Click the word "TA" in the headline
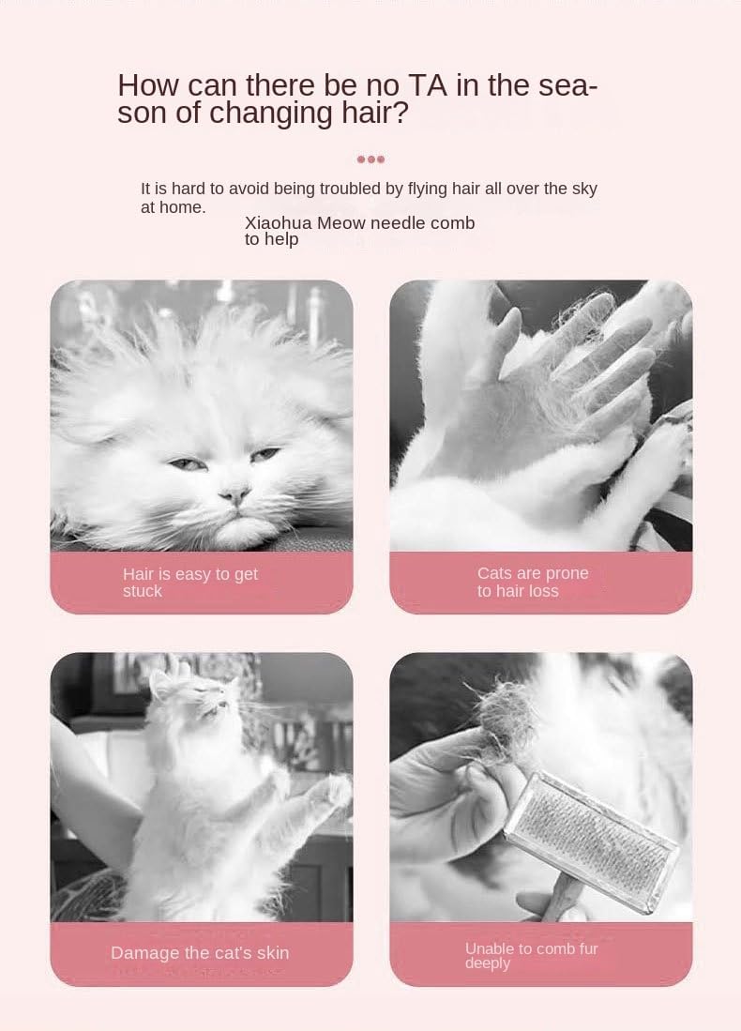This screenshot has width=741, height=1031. [428, 85]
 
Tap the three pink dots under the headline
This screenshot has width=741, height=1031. [370, 159]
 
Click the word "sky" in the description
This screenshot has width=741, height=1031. [584, 189]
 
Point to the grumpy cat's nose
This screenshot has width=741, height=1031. [234, 493]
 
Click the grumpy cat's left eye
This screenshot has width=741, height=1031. [188, 464]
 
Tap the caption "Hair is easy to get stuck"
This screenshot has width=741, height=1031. [190, 583]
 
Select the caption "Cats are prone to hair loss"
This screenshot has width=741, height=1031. [533, 582]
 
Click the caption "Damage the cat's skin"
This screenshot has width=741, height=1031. [200, 953]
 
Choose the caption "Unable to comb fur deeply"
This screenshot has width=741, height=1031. [531, 955]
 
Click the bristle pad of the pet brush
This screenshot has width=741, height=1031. [593, 841]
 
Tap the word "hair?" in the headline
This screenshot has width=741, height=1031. [375, 114]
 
